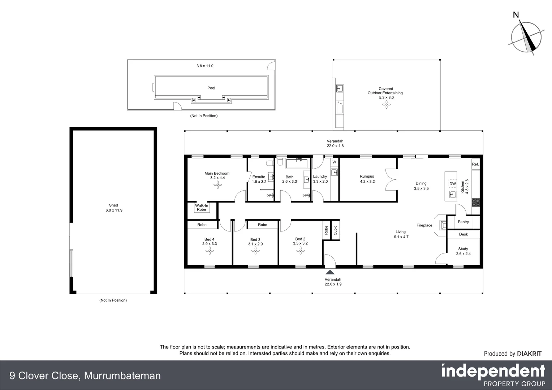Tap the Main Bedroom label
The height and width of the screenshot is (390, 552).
click(x=217, y=173)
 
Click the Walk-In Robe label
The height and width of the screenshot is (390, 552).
click(x=202, y=208)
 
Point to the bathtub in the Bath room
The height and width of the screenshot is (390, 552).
click(x=297, y=164)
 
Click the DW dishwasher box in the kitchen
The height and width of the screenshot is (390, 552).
click(x=452, y=184)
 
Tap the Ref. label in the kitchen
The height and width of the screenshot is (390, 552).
click(x=475, y=164)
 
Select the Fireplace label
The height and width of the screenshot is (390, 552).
click(x=424, y=225)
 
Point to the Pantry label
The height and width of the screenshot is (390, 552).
click(x=463, y=222)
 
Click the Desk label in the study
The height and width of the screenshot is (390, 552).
click(x=463, y=234)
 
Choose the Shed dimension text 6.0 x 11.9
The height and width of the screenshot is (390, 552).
click(x=113, y=210)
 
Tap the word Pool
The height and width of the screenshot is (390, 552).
click(x=211, y=88)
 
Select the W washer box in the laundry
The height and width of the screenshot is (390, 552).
click(x=334, y=162)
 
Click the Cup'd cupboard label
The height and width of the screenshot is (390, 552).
click(x=335, y=230)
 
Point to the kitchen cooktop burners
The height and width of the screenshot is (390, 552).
click(x=475, y=203)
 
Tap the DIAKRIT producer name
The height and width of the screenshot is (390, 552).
click(x=529, y=354)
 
